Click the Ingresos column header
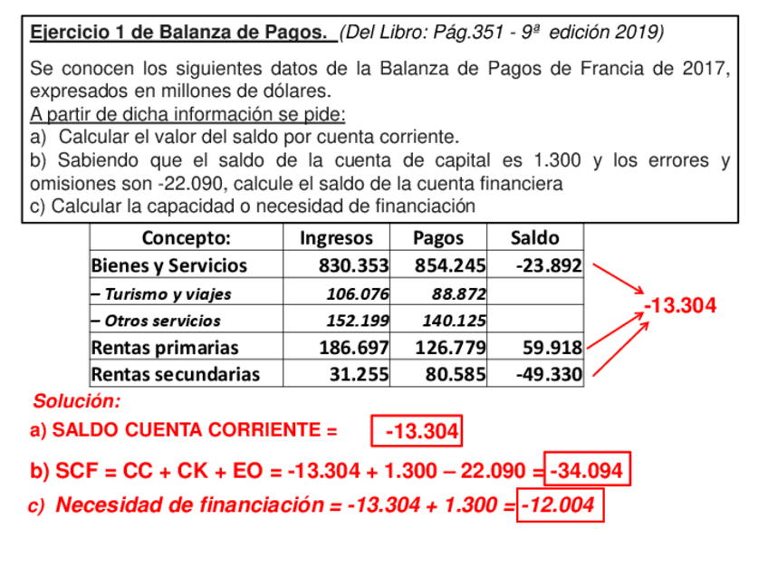pyautogui.click(x=336, y=238)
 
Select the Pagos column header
pyautogui.click(x=438, y=238)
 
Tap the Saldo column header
pyautogui.click(x=534, y=238)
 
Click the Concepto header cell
pyautogui.click(x=187, y=238)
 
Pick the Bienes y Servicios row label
pyautogui.click(x=169, y=266)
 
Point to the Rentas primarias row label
pyautogui.click(x=166, y=348)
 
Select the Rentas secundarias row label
pyautogui.click(x=176, y=374)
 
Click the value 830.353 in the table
pyautogui.click(x=353, y=266)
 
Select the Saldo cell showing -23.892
pyautogui.click(x=548, y=266)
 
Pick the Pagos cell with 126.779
pyautogui.click(x=451, y=348)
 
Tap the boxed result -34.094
pyautogui.click(x=587, y=471)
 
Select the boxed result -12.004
pyautogui.click(x=561, y=505)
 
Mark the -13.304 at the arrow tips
pyautogui.click(x=680, y=306)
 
